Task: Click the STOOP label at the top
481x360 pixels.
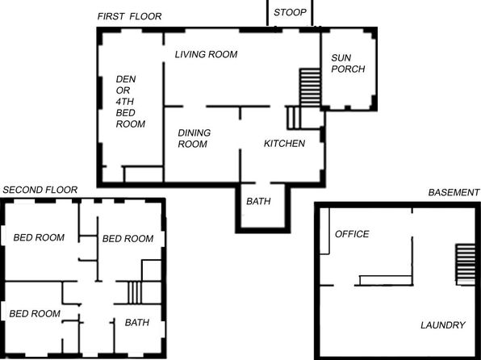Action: (x=290, y=12)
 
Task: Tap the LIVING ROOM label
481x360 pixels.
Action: (x=206, y=54)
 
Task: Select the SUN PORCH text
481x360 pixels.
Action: (x=348, y=63)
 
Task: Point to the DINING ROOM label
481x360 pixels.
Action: (x=194, y=138)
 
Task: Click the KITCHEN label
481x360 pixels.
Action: (x=284, y=144)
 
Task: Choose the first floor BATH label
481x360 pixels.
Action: (x=258, y=201)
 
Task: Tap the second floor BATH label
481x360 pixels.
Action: (x=137, y=322)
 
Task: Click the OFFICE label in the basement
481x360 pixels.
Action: (x=352, y=234)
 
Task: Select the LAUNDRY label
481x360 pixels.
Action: (x=443, y=325)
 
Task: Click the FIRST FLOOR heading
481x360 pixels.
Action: (x=129, y=16)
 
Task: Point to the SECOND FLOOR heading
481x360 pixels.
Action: (x=40, y=190)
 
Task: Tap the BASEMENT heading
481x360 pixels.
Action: (x=454, y=192)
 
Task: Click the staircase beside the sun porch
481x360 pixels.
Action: (x=310, y=87)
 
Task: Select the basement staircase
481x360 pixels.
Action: (x=465, y=265)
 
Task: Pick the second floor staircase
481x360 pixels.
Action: (x=135, y=292)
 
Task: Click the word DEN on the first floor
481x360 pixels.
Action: (x=126, y=79)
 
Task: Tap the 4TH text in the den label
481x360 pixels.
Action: (x=125, y=102)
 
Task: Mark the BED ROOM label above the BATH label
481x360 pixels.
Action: (x=128, y=238)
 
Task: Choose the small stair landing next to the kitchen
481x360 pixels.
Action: (x=293, y=118)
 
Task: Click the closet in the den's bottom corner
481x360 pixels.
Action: (x=143, y=174)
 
